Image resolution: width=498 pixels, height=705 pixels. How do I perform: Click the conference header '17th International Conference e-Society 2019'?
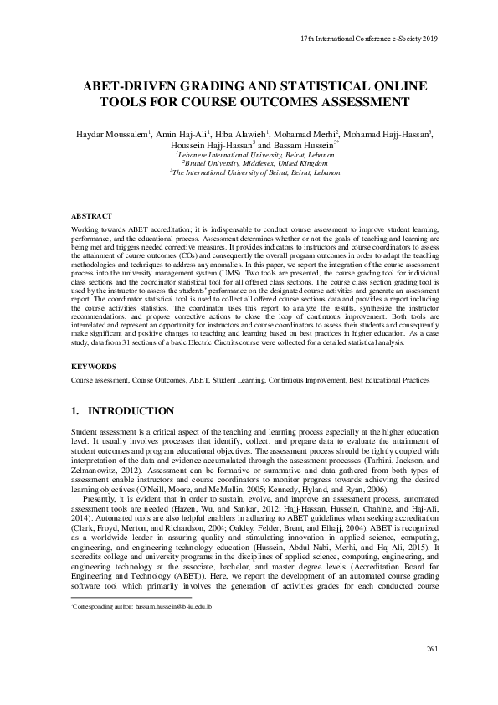(368, 39)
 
